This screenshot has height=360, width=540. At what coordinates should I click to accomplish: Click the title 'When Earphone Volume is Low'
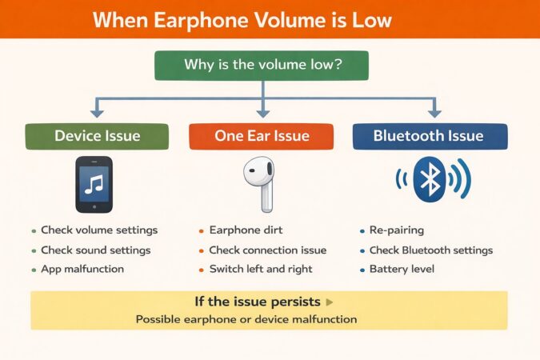coord(269,19)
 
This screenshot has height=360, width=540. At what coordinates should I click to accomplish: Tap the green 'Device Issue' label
coord(97,136)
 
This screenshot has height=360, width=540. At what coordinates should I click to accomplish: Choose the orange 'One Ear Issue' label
coord(262,136)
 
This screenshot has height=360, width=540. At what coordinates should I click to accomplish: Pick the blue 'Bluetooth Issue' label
coord(429,136)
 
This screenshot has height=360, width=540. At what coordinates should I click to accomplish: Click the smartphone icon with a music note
coord(94,185)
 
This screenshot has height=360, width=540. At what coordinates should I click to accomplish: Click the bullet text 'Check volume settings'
coord(99,230)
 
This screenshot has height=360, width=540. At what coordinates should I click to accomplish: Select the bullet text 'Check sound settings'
coord(96,250)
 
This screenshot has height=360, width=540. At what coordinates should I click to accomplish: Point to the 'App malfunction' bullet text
coord(82,269)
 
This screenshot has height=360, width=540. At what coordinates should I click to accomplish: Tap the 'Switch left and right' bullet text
coord(261,269)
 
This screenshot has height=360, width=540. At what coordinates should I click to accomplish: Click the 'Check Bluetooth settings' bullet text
coord(431,250)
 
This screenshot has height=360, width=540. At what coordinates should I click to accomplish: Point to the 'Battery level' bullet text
coord(402,269)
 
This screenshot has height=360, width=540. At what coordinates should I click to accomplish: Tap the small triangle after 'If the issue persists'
coord(330,302)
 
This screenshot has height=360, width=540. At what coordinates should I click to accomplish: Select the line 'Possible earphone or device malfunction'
coord(246,319)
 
